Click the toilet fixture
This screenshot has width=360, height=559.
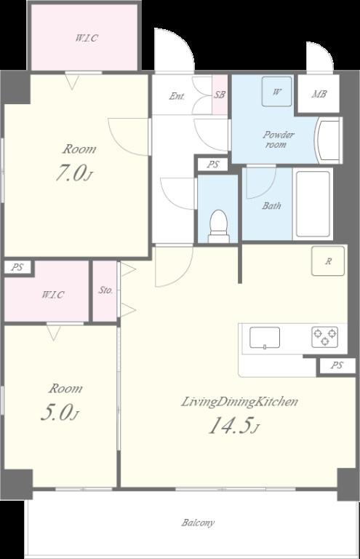pyautogui.click(x=219, y=226)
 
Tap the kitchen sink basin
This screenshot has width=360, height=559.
pyautogui.click(x=265, y=338)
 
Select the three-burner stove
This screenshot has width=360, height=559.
pyautogui.click(x=325, y=337)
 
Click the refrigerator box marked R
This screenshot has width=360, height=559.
pyautogui.click(x=328, y=261)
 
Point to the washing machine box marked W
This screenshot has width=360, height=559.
pyautogui.click(x=276, y=92)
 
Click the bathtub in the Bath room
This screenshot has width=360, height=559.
pyautogui.click(x=313, y=204)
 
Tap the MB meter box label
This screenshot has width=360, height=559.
pyautogui.click(x=319, y=94)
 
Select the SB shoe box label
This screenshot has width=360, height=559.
pyautogui.click(x=220, y=95)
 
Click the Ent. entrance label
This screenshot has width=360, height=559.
pyautogui.click(x=177, y=96)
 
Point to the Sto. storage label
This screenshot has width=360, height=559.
pyautogui.click(x=105, y=290)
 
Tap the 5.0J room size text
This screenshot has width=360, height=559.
pyautogui.click(x=60, y=412)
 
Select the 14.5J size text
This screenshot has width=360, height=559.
pyautogui.click(x=233, y=425)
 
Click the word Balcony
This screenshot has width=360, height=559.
pyautogui.click(x=198, y=523)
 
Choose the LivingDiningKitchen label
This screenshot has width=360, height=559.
pyautogui.click(x=240, y=402)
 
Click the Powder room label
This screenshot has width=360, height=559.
pyautogui.click(x=278, y=140)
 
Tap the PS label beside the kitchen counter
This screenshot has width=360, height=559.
pyautogui.click(x=337, y=365)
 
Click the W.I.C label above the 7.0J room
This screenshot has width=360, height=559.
pyautogui.click(x=87, y=38)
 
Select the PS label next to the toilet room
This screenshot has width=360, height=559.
pyautogui.click(x=213, y=164)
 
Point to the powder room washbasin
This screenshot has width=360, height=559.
pyautogui.click(x=328, y=140)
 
